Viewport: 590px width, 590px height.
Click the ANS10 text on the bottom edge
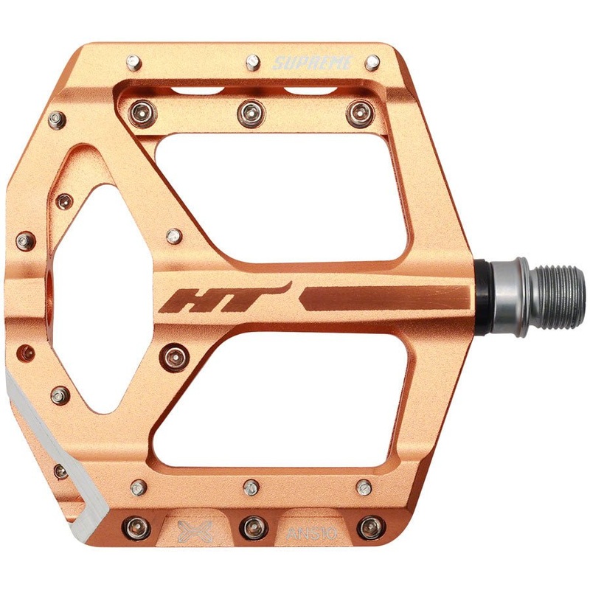point(307,530)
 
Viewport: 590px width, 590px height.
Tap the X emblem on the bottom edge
point(195,530)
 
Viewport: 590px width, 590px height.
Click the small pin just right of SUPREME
point(372,63)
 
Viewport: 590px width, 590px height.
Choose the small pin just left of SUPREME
point(251,58)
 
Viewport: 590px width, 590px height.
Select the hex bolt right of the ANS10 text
point(368,527)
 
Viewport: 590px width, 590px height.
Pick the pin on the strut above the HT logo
point(174,236)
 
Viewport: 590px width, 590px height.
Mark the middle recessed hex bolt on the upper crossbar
point(248,112)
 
